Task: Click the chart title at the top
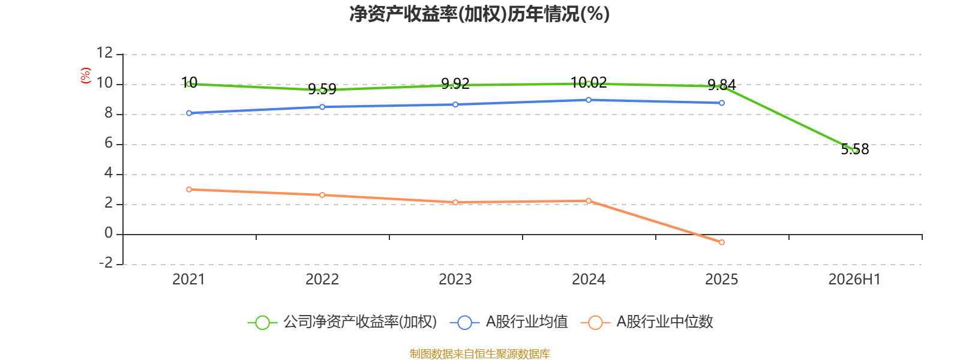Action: click(x=479, y=14)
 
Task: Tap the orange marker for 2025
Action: click(x=722, y=242)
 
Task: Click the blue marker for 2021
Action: click(x=189, y=113)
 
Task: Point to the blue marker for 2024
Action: click(x=589, y=100)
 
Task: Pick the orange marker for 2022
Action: click(x=322, y=195)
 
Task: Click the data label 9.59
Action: click(x=322, y=89)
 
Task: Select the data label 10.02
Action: click(x=589, y=82)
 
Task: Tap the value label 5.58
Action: click(x=855, y=149)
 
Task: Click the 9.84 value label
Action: click(x=722, y=85)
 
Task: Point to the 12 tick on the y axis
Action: click(x=104, y=53)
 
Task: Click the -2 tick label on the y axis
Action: click(x=106, y=263)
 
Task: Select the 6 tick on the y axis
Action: click(x=109, y=143)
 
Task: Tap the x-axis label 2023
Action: click(x=455, y=280)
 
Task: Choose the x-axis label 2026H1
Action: click(x=854, y=280)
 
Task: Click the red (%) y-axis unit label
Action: click(x=86, y=76)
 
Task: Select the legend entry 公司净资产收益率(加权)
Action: click(x=342, y=322)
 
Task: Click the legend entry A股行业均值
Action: click(x=509, y=322)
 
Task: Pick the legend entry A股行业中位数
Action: click(x=647, y=322)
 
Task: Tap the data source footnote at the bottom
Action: click(x=479, y=353)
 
